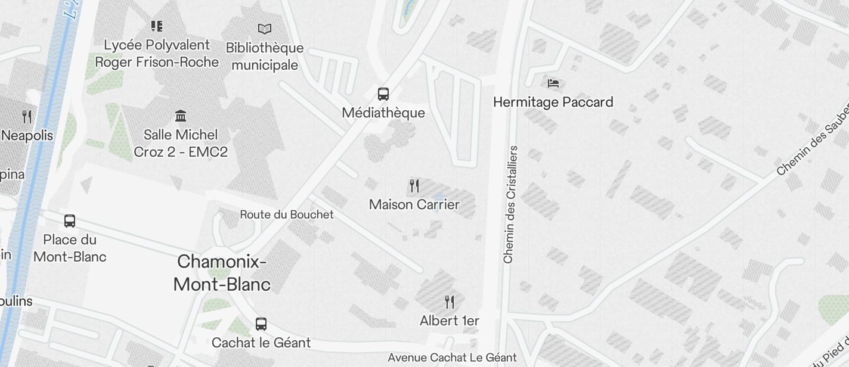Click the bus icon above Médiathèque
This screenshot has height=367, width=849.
tap(383, 94)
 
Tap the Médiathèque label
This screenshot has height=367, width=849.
tap(383, 113)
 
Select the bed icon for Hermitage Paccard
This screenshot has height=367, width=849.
tap(553, 83)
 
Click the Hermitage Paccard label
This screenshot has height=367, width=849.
tap(553, 102)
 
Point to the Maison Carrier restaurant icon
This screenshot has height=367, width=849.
tap(414, 186)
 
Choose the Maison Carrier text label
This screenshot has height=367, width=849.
tap(414, 204)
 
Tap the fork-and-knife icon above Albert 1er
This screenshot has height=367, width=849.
tap(450, 302)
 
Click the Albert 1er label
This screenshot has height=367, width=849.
tap(450, 321)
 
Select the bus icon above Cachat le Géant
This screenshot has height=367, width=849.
tap(261, 324)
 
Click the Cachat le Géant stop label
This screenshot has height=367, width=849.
tap(261, 343)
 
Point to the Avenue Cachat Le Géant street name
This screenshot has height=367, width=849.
tap(452, 357)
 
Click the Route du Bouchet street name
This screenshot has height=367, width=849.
tap(287, 214)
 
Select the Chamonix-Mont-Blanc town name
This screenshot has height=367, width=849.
tap(222, 273)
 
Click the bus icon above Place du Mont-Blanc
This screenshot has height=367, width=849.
tap(70, 221)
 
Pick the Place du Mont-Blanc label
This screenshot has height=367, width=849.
tap(70, 248)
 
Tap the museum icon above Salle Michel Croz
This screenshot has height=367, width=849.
tap(181, 116)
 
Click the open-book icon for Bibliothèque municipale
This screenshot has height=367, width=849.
tap(265, 29)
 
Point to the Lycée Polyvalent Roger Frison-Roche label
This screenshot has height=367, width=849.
tap(157, 53)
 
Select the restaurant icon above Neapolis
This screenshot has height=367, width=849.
tap(27, 116)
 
